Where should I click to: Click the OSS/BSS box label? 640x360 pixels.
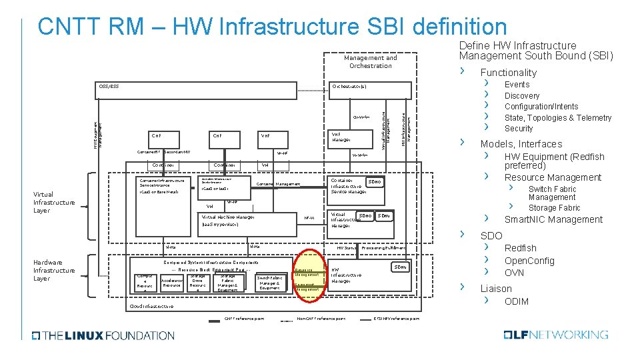point(109,87)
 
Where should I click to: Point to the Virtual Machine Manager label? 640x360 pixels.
point(228,217)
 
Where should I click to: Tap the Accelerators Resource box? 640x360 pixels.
point(171,283)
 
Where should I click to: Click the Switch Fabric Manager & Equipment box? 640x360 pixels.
point(269,283)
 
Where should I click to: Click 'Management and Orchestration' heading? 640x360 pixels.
point(370,61)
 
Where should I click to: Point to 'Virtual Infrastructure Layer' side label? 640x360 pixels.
point(54,202)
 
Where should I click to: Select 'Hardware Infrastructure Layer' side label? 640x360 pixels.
point(54,270)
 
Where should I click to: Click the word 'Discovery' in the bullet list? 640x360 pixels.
point(522,95)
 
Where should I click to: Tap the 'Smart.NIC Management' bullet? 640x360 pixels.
point(553,219)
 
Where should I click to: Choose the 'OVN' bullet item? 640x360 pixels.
point(514,273)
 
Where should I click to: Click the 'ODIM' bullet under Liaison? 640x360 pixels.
point(517,301)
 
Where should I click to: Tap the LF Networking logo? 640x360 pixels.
point(556,335)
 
